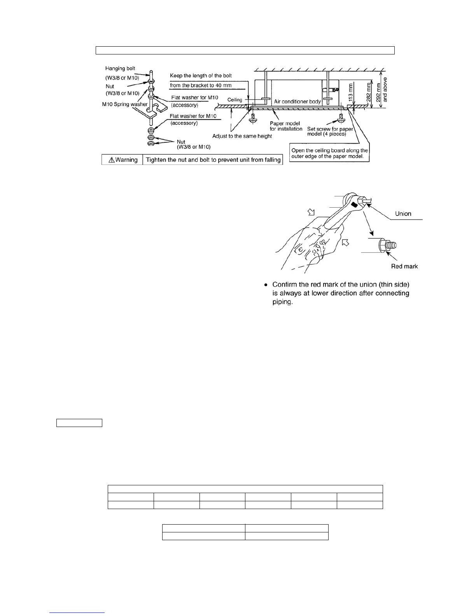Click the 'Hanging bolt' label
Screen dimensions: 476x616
pos(120,68)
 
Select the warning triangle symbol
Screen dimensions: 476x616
pos(111,160)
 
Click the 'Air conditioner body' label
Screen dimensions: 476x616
pos(297,101)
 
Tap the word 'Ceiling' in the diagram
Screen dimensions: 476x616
pos(234,100)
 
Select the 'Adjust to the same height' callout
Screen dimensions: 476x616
pos(242,136)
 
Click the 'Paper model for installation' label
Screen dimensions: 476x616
pos(286,126)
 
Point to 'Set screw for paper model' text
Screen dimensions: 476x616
pos(330,131)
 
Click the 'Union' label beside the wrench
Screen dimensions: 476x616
pos(403,213)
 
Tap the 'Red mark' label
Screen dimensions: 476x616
pos(404,266)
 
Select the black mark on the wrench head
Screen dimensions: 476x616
pos(353,204)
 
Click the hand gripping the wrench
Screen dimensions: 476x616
pos(311,249)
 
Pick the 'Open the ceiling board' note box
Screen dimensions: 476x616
pos(329,153)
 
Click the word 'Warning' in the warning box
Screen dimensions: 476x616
pos(126,160)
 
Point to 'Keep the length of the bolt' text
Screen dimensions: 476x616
pos(201,75)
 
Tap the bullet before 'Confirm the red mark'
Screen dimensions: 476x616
pos(266,285)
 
